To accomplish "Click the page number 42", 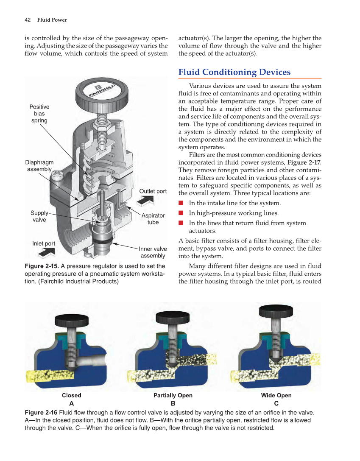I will [28, 20].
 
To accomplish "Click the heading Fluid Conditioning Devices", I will [234, 72].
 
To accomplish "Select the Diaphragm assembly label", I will [39, 166].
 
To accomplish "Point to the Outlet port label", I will [153, 191].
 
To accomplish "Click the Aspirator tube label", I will [153, 219].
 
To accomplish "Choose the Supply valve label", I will [39, 216].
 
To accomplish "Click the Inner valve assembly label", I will [153, 252].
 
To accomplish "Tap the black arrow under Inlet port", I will [46, 252].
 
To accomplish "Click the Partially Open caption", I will [173, 395].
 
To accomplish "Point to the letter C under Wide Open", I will [276, 403].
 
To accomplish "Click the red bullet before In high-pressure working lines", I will [181, 213].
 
